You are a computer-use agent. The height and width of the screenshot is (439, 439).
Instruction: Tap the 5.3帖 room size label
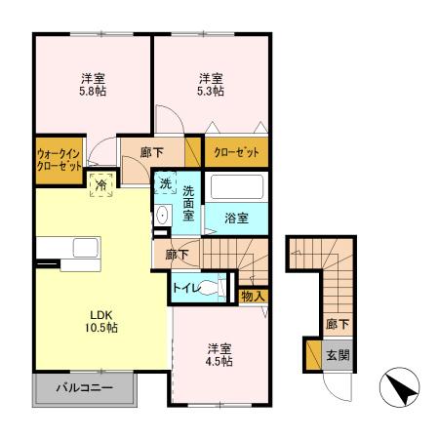pyautogui.click(x=212, y=91)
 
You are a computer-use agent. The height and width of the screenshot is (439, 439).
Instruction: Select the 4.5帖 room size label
pyautogui.click(x=218, y=361)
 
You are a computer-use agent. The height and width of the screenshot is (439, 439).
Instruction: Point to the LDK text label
pyautogui.click(x=103, y=314)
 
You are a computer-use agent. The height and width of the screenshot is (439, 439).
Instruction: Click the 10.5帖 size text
pyautogui.click(x=103, y=329)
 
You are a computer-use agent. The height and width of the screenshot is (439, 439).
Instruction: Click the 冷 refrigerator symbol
pyautogui.click(x=100, y=182)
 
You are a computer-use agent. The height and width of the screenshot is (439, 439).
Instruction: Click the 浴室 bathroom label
pyautogui.click(x=237, y=219)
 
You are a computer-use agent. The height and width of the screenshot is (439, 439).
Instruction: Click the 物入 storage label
pyautogui.click(x=254, y=294)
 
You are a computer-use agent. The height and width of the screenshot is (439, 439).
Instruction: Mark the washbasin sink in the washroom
pyautogui.click(x=162, y=217)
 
